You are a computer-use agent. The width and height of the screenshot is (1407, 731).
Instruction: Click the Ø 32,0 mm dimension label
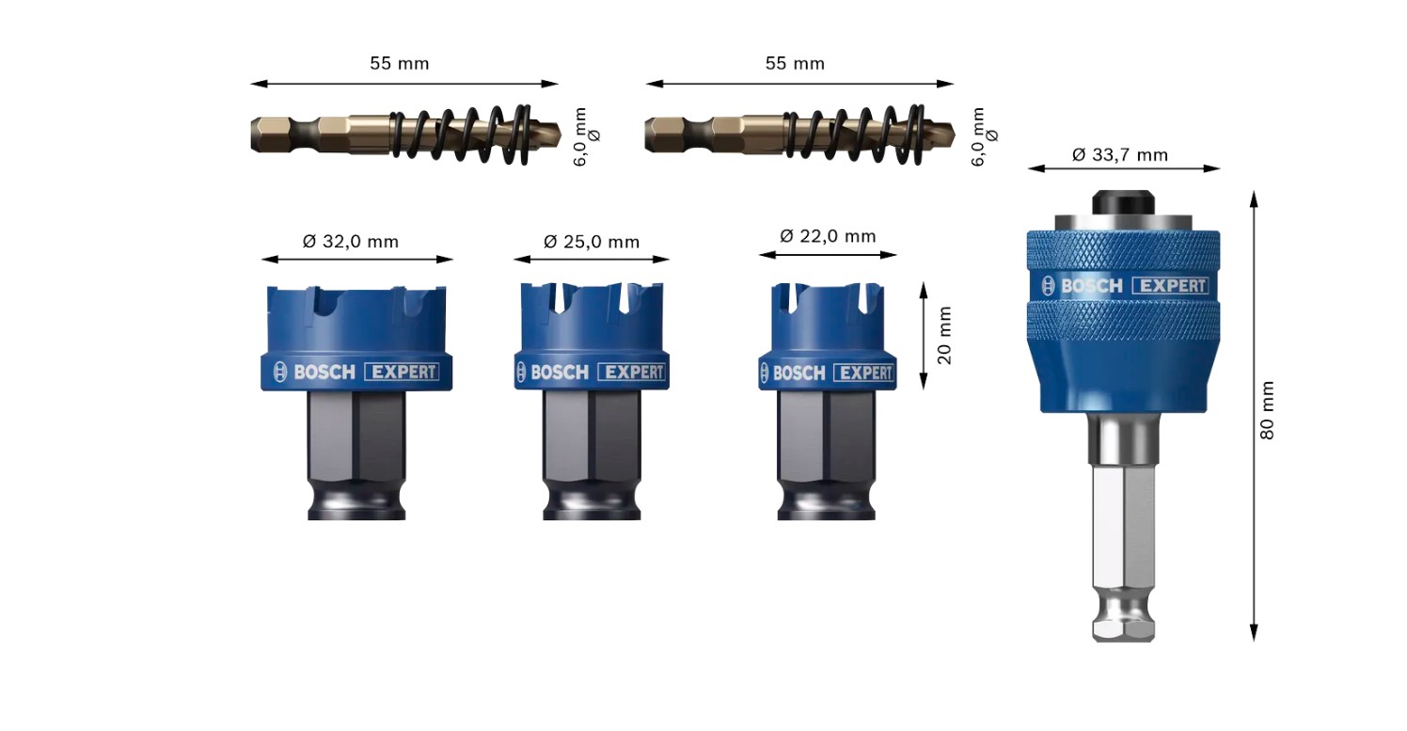click(351, 242)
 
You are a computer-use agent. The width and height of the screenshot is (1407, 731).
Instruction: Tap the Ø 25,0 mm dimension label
click(592, 242)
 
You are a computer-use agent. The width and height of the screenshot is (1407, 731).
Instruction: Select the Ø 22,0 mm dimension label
click(828, 236)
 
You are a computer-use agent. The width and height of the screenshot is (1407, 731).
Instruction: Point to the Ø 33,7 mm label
click(1120, 155)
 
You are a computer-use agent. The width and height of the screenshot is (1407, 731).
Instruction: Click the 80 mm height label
click(1267, 410)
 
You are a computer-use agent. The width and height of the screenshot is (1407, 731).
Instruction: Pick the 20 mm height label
click(944, 336)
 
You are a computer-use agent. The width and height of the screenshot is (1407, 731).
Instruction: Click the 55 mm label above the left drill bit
click(400, 63)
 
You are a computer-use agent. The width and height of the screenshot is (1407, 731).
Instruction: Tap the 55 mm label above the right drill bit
click(795, 63)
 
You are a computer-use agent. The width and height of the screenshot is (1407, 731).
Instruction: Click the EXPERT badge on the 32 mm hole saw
click(402, 373)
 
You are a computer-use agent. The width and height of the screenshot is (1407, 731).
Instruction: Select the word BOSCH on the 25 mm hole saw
click(560, 373)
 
